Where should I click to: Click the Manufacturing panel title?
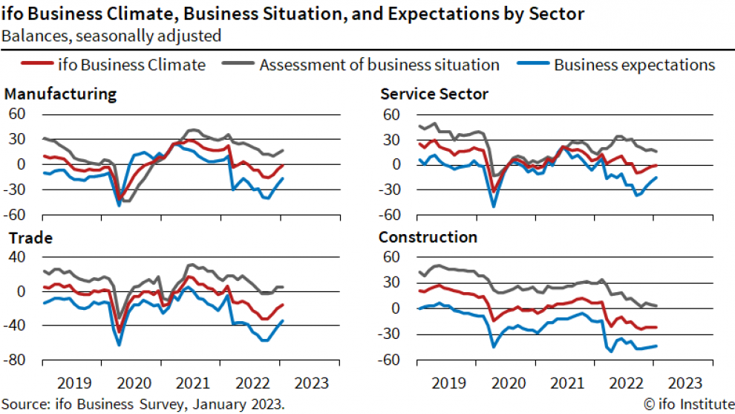tap(60, 94)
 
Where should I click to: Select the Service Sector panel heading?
tap(434, 94)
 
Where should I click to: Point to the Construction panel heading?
tap(428, 238)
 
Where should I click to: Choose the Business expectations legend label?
tap(634, 65)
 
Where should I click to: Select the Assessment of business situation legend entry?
tap(379, 65)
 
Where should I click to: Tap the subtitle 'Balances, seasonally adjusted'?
tap(111, 35)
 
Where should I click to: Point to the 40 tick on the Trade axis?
tap(19, 257)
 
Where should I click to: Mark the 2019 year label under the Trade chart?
tap(74, 384)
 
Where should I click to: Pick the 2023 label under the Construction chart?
tap(684, 384)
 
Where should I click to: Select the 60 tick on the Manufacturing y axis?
tap(19, 114)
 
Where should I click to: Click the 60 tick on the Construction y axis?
tap(392, 257)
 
